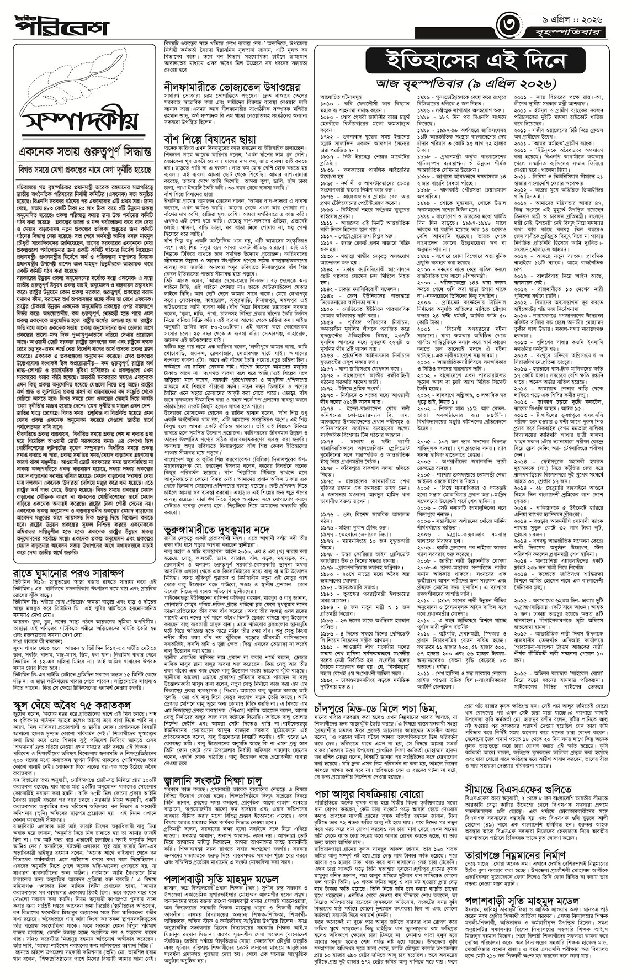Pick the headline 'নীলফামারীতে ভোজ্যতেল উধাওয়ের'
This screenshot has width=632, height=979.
(x=231, y=87)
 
